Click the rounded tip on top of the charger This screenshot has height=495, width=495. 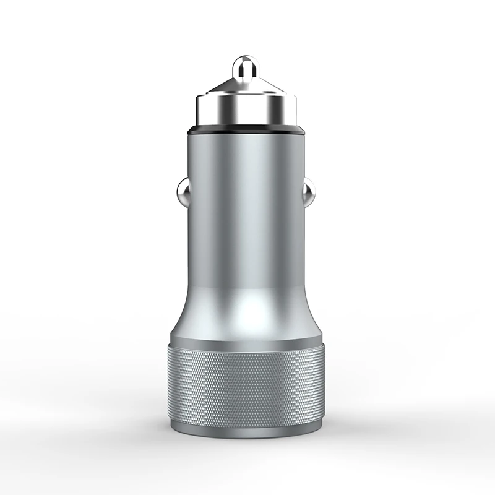[x=245, y=67]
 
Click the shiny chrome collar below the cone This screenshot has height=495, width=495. [x=246, y=111]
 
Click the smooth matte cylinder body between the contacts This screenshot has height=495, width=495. [x=246, y=204]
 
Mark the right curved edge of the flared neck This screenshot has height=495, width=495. [x=316, y=316]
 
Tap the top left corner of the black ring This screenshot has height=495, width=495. [x=187, y=126]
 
